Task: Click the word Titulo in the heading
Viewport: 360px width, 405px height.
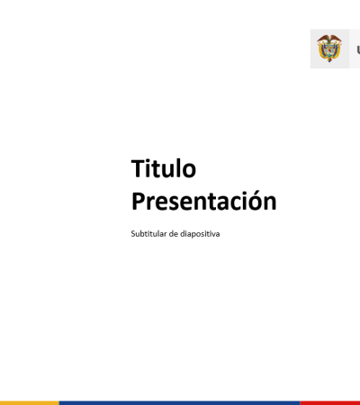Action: (164, 168)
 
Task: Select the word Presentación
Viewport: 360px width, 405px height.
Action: (204, 201)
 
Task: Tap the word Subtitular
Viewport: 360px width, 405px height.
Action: (148, 233)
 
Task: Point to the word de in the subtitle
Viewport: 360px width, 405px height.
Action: (174, 233)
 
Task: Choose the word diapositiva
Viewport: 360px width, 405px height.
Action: (200, 234)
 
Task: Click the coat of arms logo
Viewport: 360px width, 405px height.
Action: (329, 48)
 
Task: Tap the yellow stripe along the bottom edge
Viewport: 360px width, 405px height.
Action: (30, 403)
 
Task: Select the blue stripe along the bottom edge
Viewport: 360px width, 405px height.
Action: (179, 403)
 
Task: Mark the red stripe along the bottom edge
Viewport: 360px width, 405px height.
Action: (330, 403)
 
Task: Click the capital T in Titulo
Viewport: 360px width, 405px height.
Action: (139, 168)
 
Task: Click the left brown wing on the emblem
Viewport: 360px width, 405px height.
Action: (322, 39)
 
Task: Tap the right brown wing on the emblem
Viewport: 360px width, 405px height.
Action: (337, 39)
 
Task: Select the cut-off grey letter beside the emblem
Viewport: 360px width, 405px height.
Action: (358, 49)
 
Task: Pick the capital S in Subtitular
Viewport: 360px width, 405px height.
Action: (133, 233)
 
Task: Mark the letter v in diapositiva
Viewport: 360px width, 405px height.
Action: (213, 235)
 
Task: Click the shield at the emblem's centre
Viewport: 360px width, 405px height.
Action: (329, 49)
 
